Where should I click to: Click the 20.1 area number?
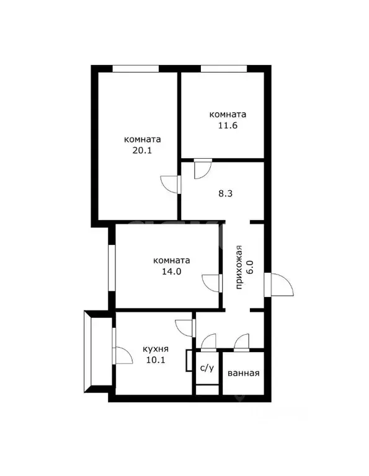pyautogui.click(x=143, y=150)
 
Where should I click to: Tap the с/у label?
pyautogui.click(x=207, y=368)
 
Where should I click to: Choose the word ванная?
pyautogui.click(x=243, y=373)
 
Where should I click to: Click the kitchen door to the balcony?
pyautogui.click(x=122, y=355)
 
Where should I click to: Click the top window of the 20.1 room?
pyautogui.click(x=135, y=68)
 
